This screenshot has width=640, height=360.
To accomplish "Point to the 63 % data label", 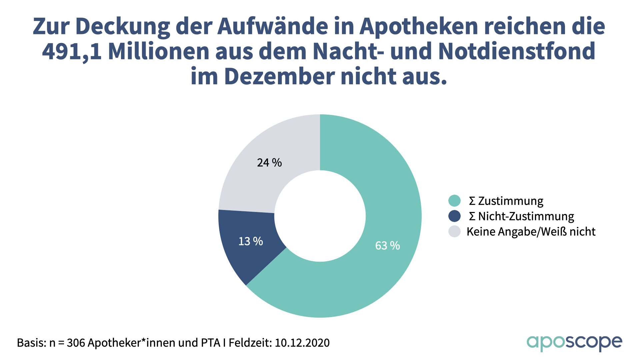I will coord(387,246).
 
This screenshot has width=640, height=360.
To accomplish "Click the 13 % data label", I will coord(251,241).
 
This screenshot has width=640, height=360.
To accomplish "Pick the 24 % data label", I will coord(269,163).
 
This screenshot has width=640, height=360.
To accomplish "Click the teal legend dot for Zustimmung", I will coord(454,201).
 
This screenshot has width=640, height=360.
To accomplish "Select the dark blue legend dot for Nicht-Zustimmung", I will coord(454,216).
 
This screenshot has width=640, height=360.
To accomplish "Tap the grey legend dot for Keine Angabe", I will coord(454,231).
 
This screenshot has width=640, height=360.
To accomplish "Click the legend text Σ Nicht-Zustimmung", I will coord(521,216).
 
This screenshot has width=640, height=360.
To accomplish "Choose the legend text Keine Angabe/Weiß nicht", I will coord(531,232).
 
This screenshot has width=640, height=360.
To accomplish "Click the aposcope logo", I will coord(574,343).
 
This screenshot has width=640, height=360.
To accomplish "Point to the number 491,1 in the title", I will coord(72,51).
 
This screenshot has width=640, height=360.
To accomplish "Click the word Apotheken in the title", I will coord(419,26).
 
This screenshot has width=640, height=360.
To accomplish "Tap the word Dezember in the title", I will coord(279,76).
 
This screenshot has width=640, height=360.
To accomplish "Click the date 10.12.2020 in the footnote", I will coord(302,343).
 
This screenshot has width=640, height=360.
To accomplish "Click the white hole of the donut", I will coord(320,216).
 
